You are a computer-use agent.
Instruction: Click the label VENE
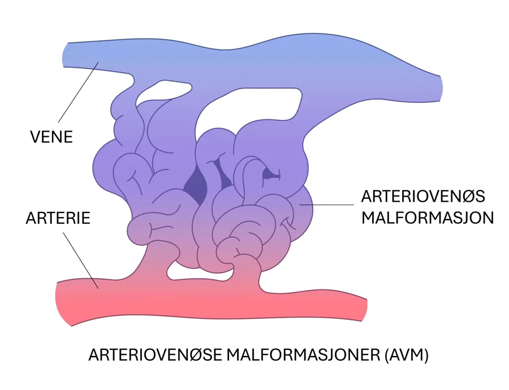pos(51,136)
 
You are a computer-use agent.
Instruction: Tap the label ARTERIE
pos(58,218)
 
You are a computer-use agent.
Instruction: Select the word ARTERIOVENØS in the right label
pos(423,197)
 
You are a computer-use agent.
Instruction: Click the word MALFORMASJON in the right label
pos(428,218)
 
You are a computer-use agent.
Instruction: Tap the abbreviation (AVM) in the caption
pos(406,356)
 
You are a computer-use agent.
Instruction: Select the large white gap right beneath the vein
pos(255,107)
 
